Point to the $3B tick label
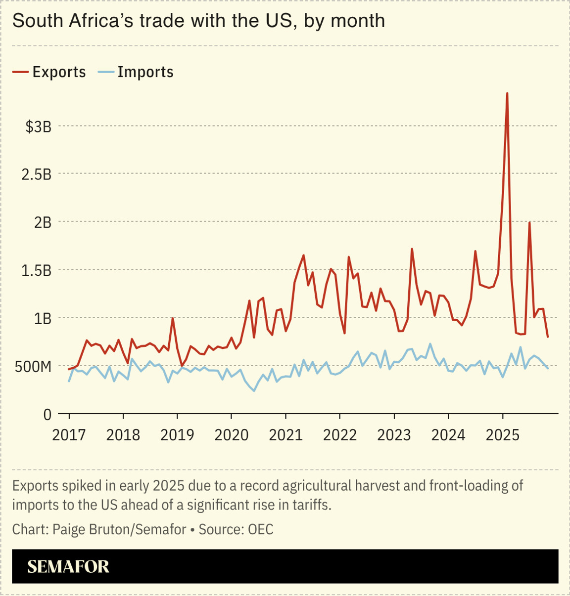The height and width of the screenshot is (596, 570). (x=39, y=127)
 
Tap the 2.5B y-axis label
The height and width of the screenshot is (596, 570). (x=37, y=174)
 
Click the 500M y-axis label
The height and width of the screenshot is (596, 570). (x=33, y=367)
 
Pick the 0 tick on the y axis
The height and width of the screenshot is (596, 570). (x=47, y=414)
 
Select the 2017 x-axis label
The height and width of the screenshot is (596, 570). (x=69, y=435)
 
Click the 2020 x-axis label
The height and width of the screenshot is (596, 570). (x=232, y=435)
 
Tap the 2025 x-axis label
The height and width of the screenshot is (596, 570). (x=503, y=435)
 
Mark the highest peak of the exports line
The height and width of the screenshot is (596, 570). (x=507, y=93)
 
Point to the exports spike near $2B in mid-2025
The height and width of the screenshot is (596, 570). (x=529, y=223)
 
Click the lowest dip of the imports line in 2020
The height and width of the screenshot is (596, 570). (x=254, y=391)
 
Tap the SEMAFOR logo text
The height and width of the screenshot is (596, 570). (x=68, y=566)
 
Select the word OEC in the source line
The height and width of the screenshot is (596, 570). (x=260, y=529)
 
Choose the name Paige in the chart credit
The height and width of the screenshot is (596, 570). (x=69, y=529)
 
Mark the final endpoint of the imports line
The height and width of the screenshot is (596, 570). (x=548, y=368)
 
